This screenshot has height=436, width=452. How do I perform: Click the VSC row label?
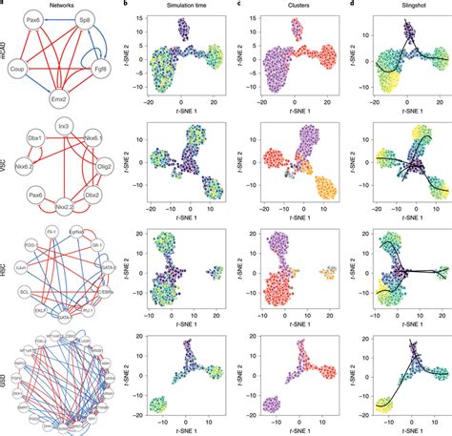click(7, 165)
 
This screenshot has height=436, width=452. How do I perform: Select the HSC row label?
click(7, 272)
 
